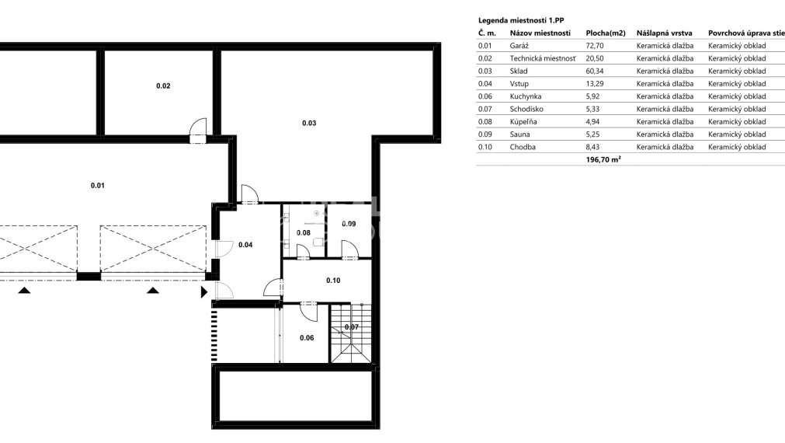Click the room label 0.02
pyautogui.click(x=163, y=85)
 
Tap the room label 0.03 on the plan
pyautogui.click(x=309, y=123)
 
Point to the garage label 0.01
pyautogui.click(x=98, y=186)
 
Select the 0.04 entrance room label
pyautogui.click(x=245, y=245)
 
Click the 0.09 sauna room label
pyautogui.click(x=349, y=224)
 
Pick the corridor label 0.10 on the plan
pyautogui.click(x=333, y=280)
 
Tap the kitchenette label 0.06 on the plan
pyautogui.click(x=307, y=338)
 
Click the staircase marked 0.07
pyautogui.click(x=352, y=333)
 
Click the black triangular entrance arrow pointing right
pyautogui.click(x=203, y=291)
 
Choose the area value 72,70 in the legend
pyautogui.click(x=595, y=46)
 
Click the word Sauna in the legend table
pyautogui.click(x=519, y=134)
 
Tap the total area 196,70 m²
pyautogui.click(x=603, y=159)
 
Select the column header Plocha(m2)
pyautogui.click(x=606, y=33)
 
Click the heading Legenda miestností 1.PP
pyautogui.click(x=521, y=20)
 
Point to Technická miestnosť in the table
pyautogui.click(x=544, y=58)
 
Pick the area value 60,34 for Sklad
pyautogui.click(x=595, y=72)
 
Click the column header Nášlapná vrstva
pyautogui.click(x=665, y=33)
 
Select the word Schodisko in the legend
pyautogui.click(x=526, y=109)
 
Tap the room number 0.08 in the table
pyautogui.click(x=485, y=122)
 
